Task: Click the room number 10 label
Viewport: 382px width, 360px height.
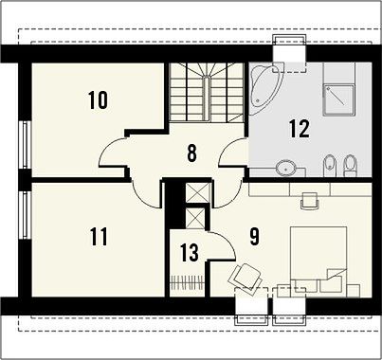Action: pyautogui.click(x=98, y=100)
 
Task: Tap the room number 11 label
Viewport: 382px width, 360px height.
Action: pyautogui.click(x=99, y=237)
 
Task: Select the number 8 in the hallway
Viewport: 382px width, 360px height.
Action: pyautogui.click(x=191, y=153)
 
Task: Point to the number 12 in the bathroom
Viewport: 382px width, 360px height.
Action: pyautogui.click(x=299, y=129)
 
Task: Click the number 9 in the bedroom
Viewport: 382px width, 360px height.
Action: pyautogui.click(x=254, y=236)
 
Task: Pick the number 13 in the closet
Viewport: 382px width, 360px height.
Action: pyautogui.click(x=190, y=252)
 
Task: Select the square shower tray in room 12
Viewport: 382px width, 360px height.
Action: pyautogui.click(x=338, y=99)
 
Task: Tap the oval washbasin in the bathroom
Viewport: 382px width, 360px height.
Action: pyautogui.click(x=286, y=168)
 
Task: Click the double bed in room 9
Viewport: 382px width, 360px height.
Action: pyautogui.click(x=318, y=261)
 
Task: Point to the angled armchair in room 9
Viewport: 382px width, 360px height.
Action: pyautogui.click(x=246, y=277)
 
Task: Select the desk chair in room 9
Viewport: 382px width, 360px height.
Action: pyautogui.click(x=309, y=200)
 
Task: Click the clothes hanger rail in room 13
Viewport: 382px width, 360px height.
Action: pyautogui.click(x=187, y=282)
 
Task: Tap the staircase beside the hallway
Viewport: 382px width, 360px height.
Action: pyautogui.click(x=207, y=92)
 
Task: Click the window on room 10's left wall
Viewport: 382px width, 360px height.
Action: pyautogui.click(x=25, y=144)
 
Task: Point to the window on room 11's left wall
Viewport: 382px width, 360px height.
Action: pyautogui.click(x=25, y=215)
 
